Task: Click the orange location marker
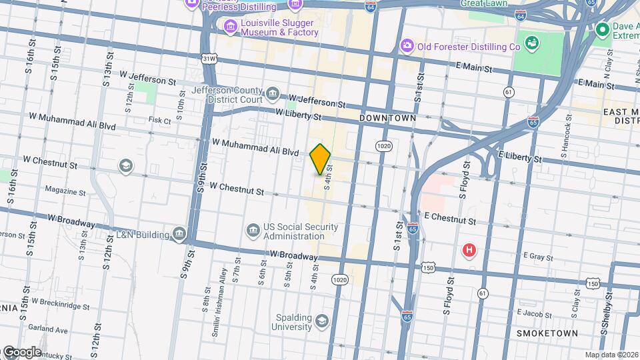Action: (x=321, y=159)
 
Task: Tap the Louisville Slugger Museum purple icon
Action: (x=231, y=27)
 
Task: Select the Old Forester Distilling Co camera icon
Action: (x=407, y=46)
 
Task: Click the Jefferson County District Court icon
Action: (x=272, y=93)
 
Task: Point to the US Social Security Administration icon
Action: (x=253, y=231)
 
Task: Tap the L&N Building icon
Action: (x=179, y=234)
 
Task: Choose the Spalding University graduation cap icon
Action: (x=323, y=321)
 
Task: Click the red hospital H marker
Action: (x=469, y=251)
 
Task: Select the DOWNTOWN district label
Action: (x=387, y=118)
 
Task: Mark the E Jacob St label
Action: (x=535, y=312)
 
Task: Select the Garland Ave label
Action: (x=53, y=329)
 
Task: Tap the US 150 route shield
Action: (x=427, y=267)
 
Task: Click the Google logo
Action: (x=21, y=352)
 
